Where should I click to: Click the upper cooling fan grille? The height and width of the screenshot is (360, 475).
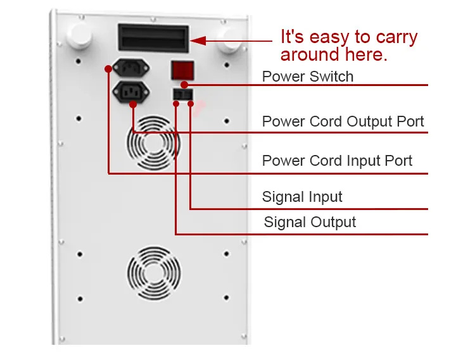click(153, 144)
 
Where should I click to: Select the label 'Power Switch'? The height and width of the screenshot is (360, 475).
click(308, 77)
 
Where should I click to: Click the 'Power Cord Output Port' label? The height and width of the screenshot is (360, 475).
click(343, 121)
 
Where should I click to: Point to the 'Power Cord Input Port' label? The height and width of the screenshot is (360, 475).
click(337, 161)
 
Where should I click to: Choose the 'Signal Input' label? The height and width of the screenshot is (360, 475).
click(302, 197)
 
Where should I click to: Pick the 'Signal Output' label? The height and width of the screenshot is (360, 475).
click(310, 222)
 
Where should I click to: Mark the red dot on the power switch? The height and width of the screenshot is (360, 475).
click(184, 84)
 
